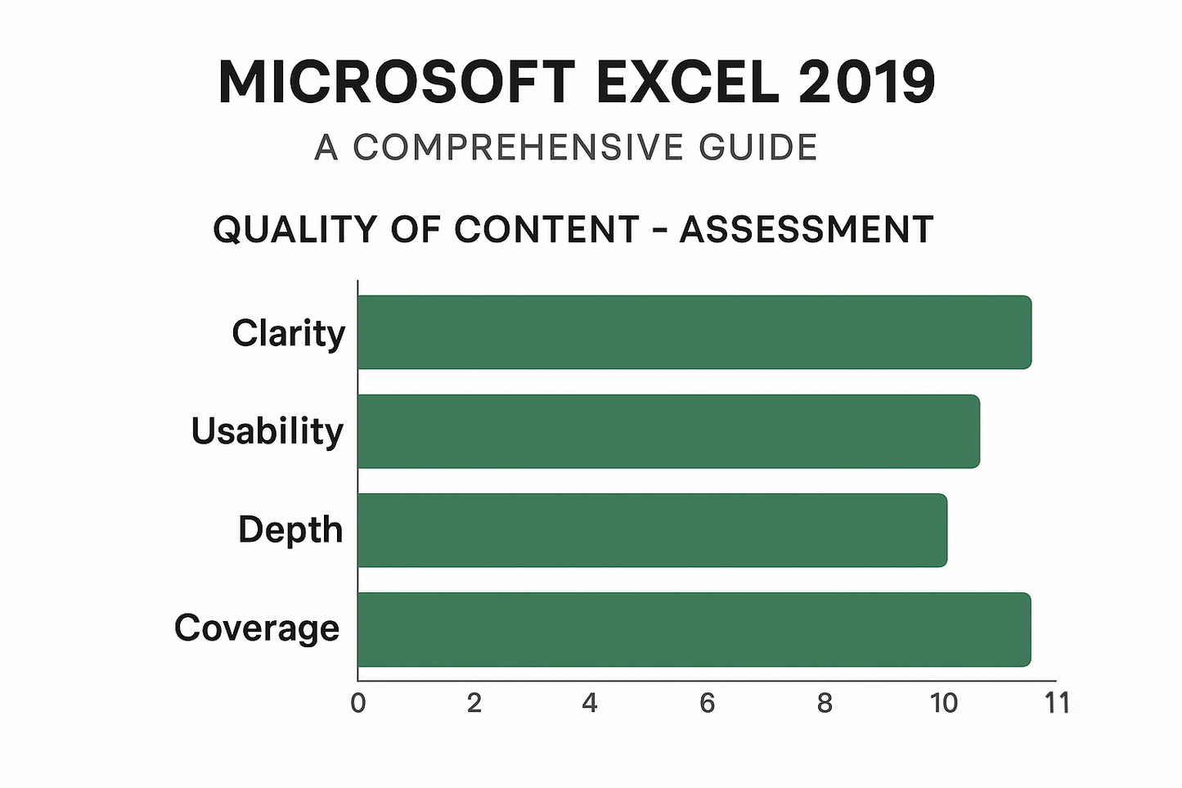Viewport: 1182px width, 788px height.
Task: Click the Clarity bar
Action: point(694,332)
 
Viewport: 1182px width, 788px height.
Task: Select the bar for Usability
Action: point(668,431)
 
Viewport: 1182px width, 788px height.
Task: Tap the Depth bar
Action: point(652,530)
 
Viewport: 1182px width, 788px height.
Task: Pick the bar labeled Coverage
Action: point(694,629)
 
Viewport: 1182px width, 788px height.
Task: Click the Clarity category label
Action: point(288,334)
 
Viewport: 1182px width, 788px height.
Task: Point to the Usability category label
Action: point(267,431)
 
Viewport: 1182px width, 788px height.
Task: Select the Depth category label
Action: point(290,530)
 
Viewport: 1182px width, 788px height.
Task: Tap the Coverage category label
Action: point(256,628)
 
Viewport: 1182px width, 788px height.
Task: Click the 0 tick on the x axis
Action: point(358,703)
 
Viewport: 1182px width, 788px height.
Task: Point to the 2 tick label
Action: point(474,703)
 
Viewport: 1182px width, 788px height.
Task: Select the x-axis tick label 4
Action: point(590,703)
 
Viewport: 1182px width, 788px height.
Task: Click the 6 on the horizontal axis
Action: point(708,703)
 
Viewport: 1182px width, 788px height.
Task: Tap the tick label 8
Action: point(825,703)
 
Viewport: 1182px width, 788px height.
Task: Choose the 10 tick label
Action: point(943,703)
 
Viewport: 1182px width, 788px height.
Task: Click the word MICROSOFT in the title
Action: point(397,83)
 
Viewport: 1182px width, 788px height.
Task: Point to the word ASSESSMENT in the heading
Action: point(807,230)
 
